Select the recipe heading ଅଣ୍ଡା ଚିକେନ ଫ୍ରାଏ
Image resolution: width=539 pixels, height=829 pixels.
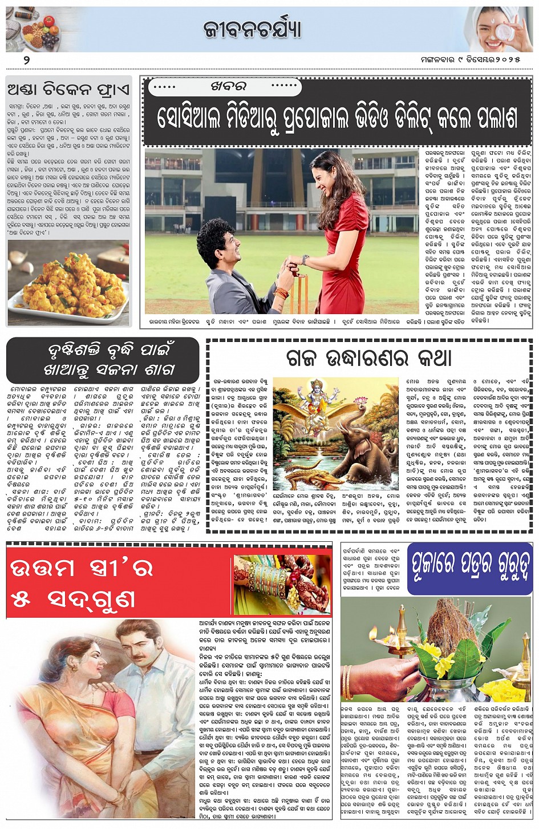(x=69, y=90)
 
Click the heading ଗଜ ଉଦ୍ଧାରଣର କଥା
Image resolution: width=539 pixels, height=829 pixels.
(x=368, y=358)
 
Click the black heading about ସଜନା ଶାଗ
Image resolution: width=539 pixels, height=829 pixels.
(x=103, y=359)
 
